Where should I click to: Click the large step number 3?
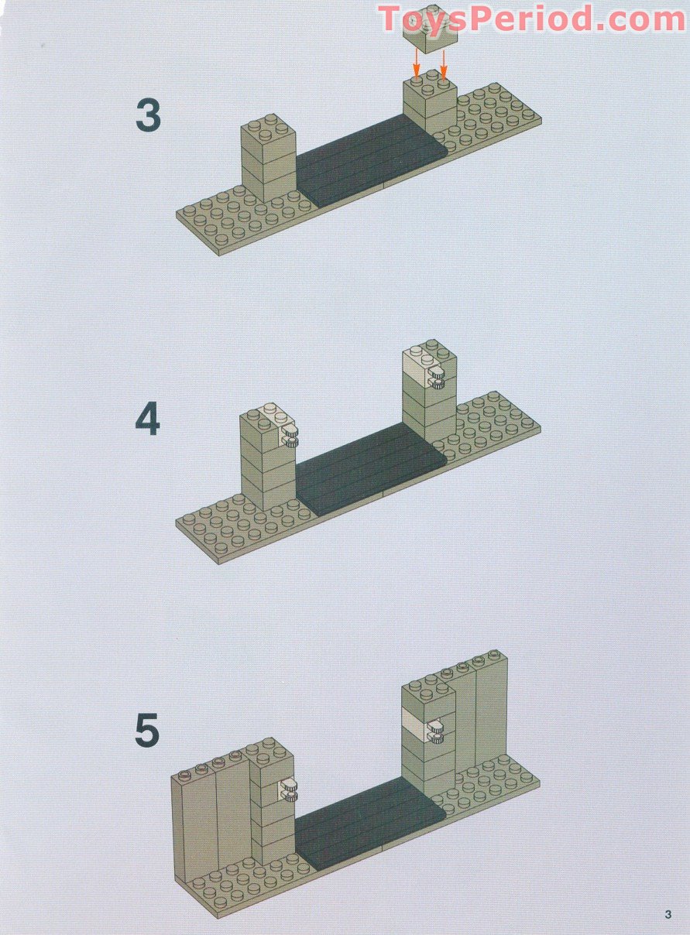148,115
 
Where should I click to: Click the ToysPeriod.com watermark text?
531,19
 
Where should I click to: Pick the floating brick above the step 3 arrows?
430,33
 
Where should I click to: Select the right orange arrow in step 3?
443,62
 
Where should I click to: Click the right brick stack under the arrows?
429,104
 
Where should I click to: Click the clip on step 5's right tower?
434,731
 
